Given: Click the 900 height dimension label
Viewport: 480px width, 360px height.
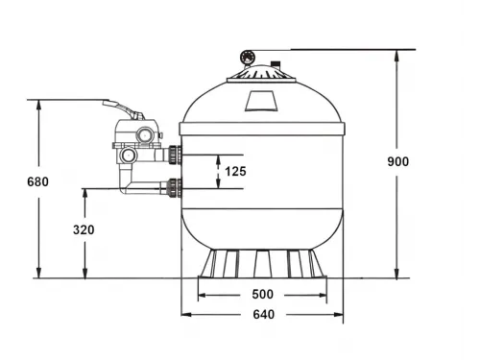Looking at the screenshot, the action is click(398, 161).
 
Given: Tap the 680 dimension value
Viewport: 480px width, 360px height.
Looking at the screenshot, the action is click(37, 181).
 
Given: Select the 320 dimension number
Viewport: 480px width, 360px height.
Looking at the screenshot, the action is click(84, 229).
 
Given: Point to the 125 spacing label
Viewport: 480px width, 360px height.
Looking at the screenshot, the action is click(235, 172).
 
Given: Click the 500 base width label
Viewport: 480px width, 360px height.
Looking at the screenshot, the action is click(262, 295).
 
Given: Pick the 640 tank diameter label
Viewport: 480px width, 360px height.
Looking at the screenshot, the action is click(264, 315).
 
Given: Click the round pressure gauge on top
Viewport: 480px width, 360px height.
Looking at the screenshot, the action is click(248, 58).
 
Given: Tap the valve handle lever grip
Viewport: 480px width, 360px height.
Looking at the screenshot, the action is click(110, 103).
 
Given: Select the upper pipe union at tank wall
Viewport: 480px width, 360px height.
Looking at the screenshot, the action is click(176, 155).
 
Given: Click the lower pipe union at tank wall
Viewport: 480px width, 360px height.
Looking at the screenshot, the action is click(175, 188).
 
